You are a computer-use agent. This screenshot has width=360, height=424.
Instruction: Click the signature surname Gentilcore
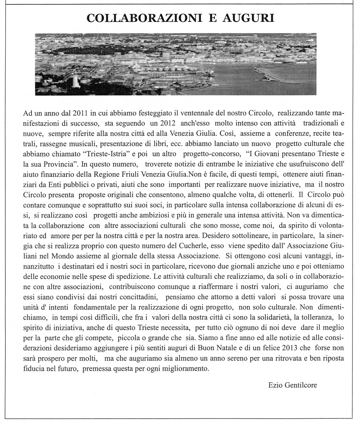tap(300, 385)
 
